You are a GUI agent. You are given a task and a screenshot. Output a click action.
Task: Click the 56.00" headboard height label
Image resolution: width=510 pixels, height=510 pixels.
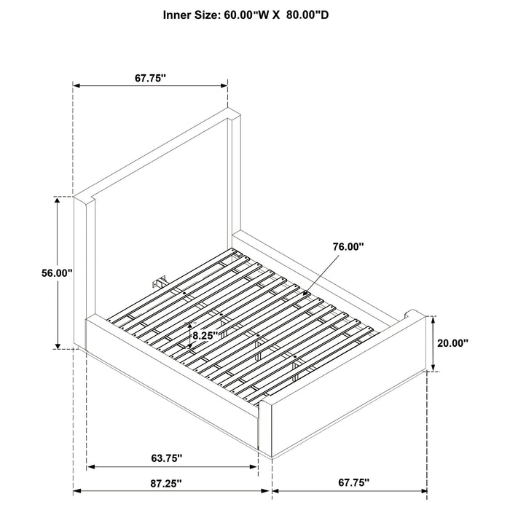[x=57, y=273]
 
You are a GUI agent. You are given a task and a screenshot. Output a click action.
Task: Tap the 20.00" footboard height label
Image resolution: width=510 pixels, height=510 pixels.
[x=452, y=343]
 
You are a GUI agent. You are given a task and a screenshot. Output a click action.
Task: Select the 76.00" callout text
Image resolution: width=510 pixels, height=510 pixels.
[x=348, y=247]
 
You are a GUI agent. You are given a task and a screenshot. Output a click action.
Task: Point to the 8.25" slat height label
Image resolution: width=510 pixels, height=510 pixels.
[x=205, y=335]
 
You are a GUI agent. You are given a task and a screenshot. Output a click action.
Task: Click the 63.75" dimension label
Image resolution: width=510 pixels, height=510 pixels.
[x=166, y=458]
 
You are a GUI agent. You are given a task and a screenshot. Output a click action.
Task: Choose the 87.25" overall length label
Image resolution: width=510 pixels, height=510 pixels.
[x=165, y=483]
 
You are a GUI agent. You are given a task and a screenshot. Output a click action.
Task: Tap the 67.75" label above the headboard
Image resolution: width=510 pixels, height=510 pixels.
[x=150, y=79]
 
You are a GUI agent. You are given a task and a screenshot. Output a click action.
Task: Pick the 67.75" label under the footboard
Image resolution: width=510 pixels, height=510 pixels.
[x=354, y=482]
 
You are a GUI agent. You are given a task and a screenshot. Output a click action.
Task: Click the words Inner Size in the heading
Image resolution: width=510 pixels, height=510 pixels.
[x=192, y=15]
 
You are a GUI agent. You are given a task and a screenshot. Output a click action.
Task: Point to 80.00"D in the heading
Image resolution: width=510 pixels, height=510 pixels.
[x=307, y=15]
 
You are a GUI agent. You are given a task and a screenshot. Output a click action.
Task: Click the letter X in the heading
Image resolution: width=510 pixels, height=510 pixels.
[x=276, y=15]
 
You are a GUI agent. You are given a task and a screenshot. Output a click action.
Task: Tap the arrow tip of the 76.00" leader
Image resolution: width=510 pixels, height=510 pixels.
[x=305, y=294]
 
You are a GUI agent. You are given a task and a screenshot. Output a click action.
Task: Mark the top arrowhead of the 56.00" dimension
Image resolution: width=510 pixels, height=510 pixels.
[x=58, y=200]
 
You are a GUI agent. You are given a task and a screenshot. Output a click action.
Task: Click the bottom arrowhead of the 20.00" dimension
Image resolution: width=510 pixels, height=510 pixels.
[x=433, y=367]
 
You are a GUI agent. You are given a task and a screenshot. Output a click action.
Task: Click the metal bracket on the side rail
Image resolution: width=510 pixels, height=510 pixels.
[x=160, y=281]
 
